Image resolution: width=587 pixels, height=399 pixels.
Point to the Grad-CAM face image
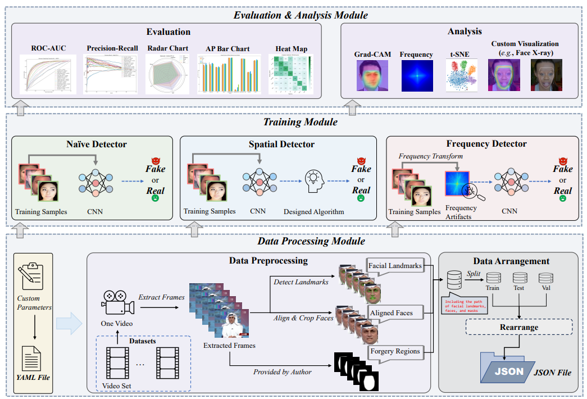372,76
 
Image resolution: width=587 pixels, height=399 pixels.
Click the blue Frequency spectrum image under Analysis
417,76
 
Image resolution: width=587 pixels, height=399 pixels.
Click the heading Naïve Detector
97,144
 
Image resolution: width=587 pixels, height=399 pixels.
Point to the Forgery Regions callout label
395,351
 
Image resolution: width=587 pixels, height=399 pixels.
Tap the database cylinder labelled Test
518,278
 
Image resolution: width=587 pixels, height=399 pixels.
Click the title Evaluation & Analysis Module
293,14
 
